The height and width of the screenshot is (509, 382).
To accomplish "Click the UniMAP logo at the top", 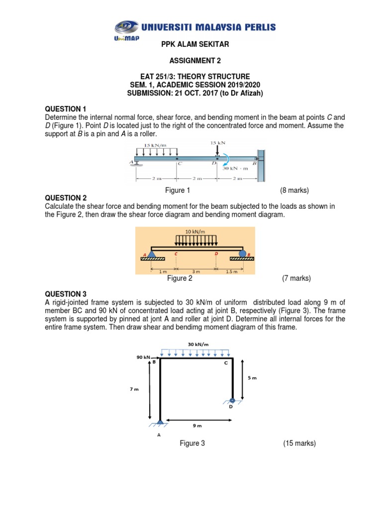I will [x=124, y=30].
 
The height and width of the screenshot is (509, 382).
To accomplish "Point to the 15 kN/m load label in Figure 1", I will [x=155, y=145].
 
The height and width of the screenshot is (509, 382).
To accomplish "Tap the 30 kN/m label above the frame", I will [x=197, y=344].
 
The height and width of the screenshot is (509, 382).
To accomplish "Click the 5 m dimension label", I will [x=252, y=378].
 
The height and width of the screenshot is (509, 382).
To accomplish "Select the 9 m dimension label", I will [x=197, y=425].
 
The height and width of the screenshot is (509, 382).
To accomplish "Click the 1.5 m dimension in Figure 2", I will [x=232, y=272].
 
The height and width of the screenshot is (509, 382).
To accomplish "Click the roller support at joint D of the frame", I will [x=232, y=400].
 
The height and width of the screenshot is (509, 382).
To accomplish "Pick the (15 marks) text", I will [x=299, y=443].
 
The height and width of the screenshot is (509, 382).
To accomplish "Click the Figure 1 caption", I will [x=178, y=190].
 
